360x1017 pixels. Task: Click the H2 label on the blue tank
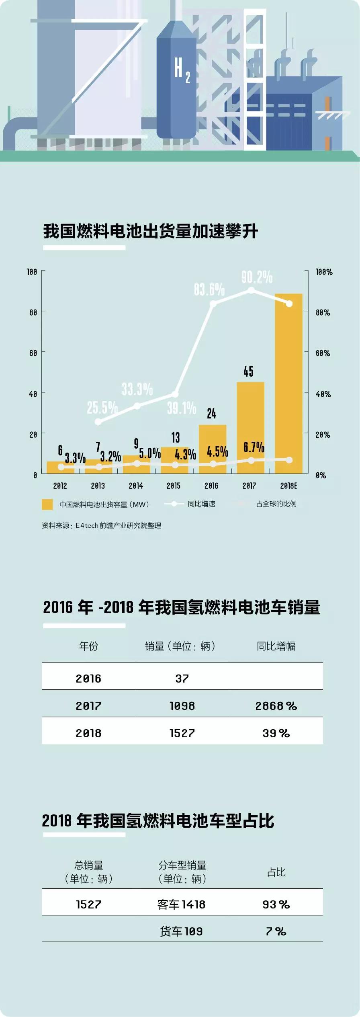(181, 69)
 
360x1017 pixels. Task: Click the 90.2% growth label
(257, 277)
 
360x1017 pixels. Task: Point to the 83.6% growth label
(209, 289)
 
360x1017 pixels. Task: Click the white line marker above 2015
(175, 394)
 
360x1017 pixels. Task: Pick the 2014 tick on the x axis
(136, 486)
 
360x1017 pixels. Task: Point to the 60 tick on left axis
(33, 353)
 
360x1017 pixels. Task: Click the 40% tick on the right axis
(323, 394)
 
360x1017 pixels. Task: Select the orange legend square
(47, 504)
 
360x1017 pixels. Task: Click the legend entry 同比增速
(201, 504)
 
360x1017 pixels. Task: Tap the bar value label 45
(248, 371)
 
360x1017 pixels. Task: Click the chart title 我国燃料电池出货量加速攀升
(151, 232)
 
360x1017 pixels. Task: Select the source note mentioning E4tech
(101, 525)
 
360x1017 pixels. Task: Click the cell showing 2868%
(276, 706)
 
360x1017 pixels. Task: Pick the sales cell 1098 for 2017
(182, 706)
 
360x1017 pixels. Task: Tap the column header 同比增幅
(276, 646)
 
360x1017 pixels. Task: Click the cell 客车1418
(182, 904)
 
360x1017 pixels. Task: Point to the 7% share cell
(276, 931)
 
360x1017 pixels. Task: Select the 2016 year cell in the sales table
(88, 679)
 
